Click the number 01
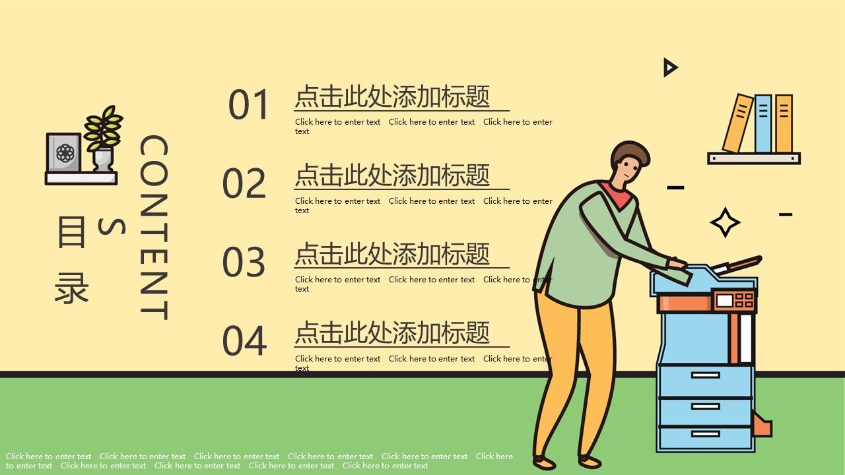click(249, 104)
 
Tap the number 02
click(244, 183)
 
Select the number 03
click(244, 262)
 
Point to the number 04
click(244, 341)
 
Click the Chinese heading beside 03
click(392, 254)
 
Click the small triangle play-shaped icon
click(670, 67)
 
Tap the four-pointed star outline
click(725, 222)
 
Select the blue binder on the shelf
click(762, 123)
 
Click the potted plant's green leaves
click(104, 128)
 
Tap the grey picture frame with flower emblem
click(64, 152)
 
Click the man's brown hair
click(630, 152)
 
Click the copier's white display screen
click(724, 300)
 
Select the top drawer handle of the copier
click(706, 375)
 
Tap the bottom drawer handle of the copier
click(706, 434)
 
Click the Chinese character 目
click(71, 232)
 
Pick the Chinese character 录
click(72, 288)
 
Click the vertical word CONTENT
click(154, 228)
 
